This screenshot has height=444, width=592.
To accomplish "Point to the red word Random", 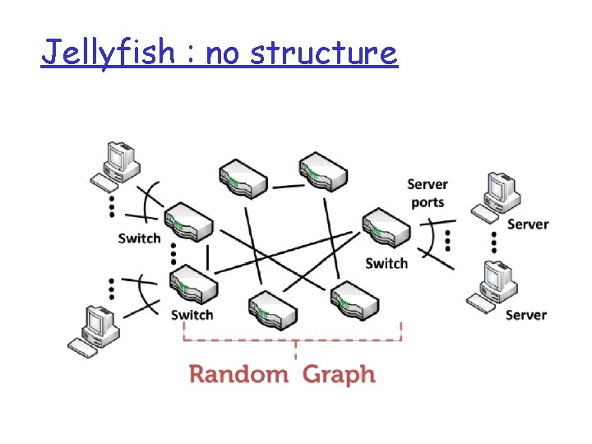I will click(238, 375).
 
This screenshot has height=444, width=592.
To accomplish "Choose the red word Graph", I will click(339, 376).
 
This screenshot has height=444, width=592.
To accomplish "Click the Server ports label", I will click(428, 193).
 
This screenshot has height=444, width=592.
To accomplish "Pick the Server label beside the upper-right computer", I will click(527, 224).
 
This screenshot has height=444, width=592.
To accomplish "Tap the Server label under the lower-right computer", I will click(525, 315).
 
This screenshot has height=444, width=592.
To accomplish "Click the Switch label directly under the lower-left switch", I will click(192, 315).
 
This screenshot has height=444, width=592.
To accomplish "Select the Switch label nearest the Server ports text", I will click(386, 263).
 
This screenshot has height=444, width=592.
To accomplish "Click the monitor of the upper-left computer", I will click(117, 156).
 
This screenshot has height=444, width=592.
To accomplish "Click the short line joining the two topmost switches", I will click(288, 186).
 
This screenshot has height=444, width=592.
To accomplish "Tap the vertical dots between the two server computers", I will click(494, 242).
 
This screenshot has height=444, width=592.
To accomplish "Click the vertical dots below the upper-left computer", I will click(111, 206).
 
